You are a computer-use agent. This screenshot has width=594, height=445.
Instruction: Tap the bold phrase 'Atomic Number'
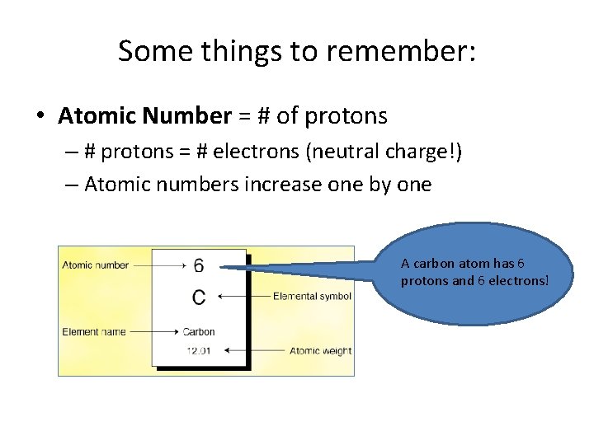(144, 116)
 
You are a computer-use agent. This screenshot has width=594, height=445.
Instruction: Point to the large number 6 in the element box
(199, 265)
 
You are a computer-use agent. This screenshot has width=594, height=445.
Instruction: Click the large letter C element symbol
(199, 297)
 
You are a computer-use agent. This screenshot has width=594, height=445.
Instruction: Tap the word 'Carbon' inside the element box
(199, 332)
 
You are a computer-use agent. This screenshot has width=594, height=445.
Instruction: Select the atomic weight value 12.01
(199, 350)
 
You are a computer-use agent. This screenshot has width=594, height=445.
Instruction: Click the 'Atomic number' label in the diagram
(96, 265)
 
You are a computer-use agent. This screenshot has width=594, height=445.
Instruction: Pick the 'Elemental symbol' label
(312, 297)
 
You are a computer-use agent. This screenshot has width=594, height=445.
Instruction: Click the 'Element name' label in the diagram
(94, 332)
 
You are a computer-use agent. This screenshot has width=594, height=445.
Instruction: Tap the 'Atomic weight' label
(320, 351)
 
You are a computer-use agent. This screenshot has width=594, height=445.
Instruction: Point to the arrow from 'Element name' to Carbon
(154, 332)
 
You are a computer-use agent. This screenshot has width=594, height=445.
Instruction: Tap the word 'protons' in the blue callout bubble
(420, 280)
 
